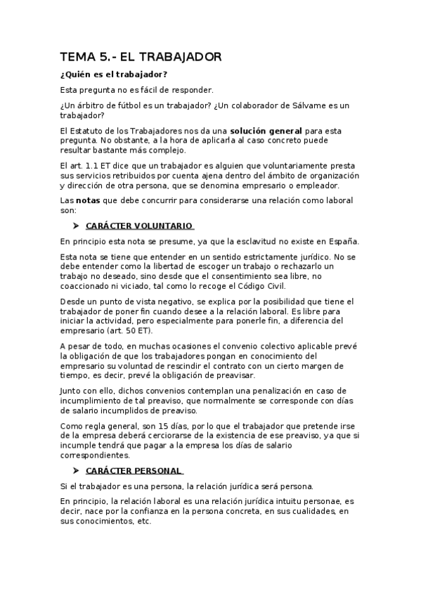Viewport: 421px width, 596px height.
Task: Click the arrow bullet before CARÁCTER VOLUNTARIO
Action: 75,226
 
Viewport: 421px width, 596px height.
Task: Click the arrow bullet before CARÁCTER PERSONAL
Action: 75,470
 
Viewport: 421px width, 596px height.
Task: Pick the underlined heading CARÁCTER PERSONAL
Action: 133,470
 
